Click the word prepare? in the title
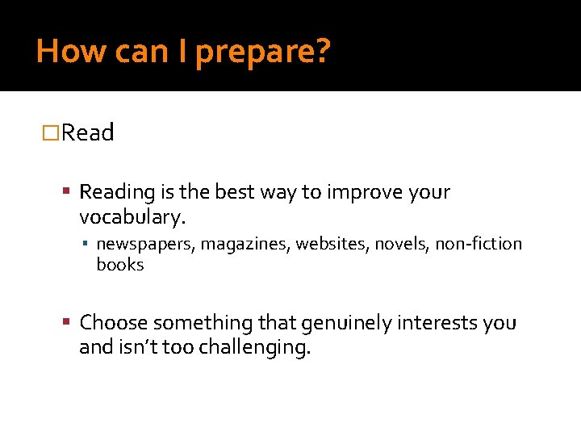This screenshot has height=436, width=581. click(263, 52)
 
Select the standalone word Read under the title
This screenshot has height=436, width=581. click(87, 132)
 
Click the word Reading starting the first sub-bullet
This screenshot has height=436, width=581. click(117, 193)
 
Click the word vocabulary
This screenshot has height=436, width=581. click(132, 217)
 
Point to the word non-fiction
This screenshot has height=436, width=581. click(479, 244)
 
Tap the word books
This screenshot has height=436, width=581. click(120, 265)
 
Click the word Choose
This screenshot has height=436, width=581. click(114, 323)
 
